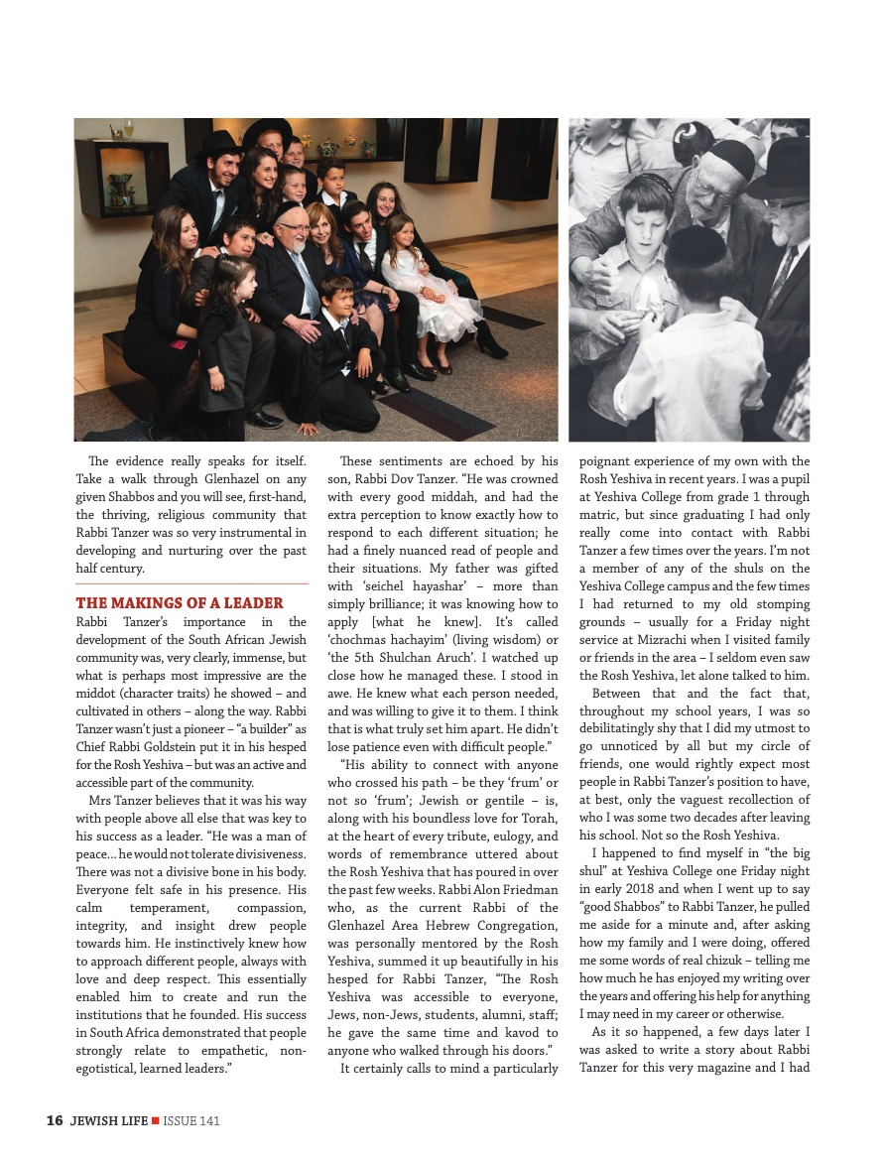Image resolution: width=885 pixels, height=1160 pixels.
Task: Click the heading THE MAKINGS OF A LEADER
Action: (x=179, y=603)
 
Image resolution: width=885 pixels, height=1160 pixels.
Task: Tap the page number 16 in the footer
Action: (x=55, y=1121)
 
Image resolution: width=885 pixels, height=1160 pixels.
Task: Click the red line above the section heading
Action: (x=191, y=583)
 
